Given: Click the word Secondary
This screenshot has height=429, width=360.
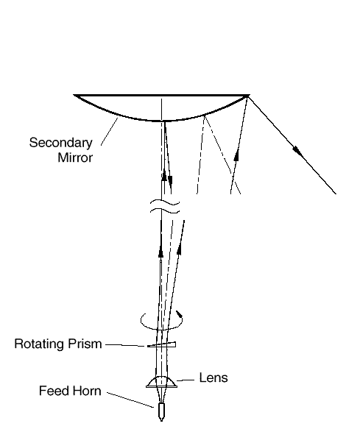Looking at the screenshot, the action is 61,143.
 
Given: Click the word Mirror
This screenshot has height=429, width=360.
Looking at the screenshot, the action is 75,157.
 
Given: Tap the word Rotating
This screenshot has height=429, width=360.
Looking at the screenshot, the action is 40,344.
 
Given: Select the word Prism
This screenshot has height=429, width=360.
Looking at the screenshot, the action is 85,344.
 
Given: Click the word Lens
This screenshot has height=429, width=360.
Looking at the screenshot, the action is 213,377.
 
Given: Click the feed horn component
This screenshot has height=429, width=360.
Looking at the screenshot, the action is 161,412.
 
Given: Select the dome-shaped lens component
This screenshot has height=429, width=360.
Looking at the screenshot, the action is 161,382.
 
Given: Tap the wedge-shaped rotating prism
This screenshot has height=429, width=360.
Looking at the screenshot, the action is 162,345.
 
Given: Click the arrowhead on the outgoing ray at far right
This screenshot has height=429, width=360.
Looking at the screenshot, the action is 298,152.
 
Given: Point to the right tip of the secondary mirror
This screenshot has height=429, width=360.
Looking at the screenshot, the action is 249,95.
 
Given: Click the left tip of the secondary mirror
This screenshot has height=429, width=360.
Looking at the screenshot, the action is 74,95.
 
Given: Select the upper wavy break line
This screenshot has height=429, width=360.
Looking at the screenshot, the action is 165,203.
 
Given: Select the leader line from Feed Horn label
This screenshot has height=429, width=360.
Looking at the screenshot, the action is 130,400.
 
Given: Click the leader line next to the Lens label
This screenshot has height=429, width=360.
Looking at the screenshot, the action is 186,380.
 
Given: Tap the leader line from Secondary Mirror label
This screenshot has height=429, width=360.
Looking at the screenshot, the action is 109,132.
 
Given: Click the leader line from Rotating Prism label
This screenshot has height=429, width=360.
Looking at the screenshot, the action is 125,345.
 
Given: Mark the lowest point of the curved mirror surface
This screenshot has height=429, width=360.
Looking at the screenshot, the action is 161,121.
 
